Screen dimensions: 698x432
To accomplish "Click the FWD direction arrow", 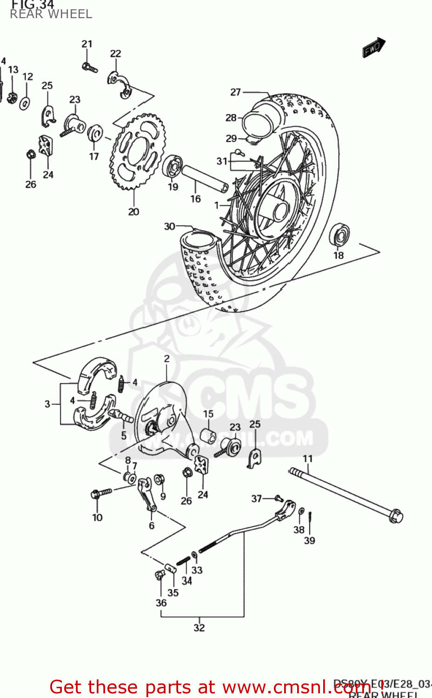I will pos(374,47).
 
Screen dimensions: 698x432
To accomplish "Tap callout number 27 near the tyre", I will pos(236,92).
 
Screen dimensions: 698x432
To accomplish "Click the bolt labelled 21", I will pos(89,68).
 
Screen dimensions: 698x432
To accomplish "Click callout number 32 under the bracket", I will pos(199,627).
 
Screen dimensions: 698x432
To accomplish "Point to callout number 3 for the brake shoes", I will pos(47,404).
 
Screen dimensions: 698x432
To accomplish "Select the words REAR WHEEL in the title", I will pos(51,14).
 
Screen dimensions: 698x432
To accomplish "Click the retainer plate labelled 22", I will pos(120,85).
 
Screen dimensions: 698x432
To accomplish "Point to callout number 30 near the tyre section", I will pos(169,227).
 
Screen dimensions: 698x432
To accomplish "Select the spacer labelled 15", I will pos(208,437).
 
